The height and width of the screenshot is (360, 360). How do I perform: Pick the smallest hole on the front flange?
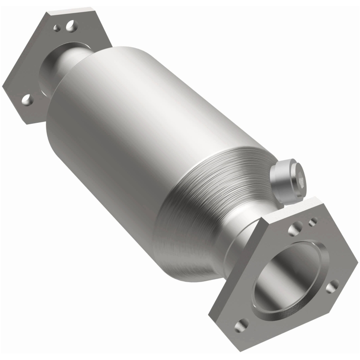pyautogui.click(x=312, y=220)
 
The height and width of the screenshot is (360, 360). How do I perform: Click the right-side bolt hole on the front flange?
pyautogui.click(x=333, y=286)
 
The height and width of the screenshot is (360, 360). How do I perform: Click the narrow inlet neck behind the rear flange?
pyautogui.click(x=67, y=63)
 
